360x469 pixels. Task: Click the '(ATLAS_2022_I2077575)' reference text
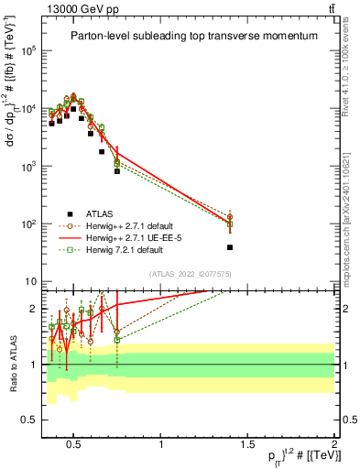190,274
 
